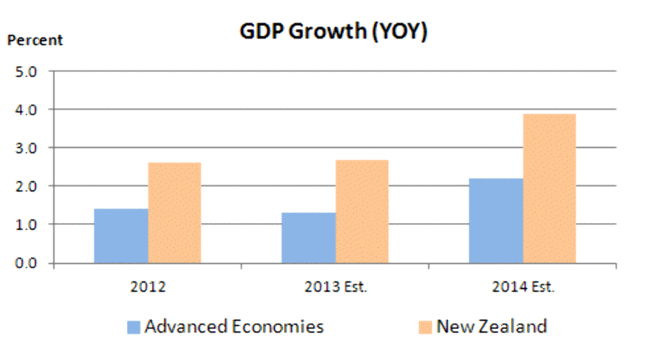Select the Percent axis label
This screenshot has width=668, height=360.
tap(36, 39)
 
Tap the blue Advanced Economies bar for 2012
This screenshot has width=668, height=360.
tap(121, 236)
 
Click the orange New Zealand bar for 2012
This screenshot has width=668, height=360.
tap(175, 213)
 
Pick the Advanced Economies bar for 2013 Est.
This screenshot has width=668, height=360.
tap(308, 238)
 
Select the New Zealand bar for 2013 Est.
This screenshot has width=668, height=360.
tap(362, 211)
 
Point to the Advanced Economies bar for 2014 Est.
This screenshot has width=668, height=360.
tap(495, 221)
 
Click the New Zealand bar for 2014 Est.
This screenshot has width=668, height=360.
tap(549, 189)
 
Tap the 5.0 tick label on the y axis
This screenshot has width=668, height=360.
tap(27, 71)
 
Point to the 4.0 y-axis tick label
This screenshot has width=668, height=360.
tap(27, 109)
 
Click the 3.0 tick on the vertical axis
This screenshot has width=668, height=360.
tap(27, 148)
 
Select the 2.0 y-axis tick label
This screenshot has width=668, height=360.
tap(27, 186)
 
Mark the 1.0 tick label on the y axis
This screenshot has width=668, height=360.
tap(27, 225)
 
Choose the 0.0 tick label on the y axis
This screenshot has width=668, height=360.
tap(27, 263)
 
